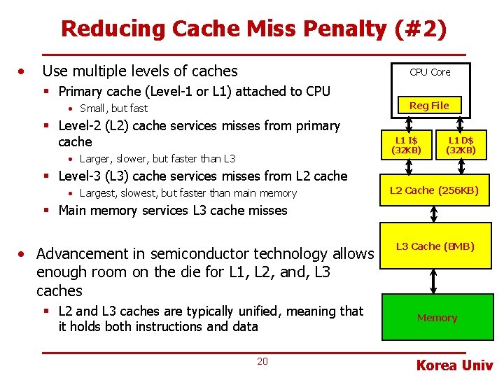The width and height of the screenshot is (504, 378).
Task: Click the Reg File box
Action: [429, 106]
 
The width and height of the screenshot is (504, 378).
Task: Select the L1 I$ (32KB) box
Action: [406, 146]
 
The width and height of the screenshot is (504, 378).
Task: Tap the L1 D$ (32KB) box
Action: [461, 146]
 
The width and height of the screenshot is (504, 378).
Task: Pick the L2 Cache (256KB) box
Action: [434, 190]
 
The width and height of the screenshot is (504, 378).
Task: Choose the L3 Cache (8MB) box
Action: [435, 246]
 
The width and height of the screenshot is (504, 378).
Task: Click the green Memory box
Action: [437, 318]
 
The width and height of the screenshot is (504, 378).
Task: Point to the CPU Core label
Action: [430, 72]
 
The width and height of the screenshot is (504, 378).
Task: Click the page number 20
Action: [262, 361]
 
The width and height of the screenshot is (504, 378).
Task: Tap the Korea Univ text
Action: [454, 365]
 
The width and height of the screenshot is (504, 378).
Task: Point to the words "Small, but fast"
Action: [114, 108]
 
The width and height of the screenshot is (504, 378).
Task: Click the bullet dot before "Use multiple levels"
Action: [24, 71]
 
